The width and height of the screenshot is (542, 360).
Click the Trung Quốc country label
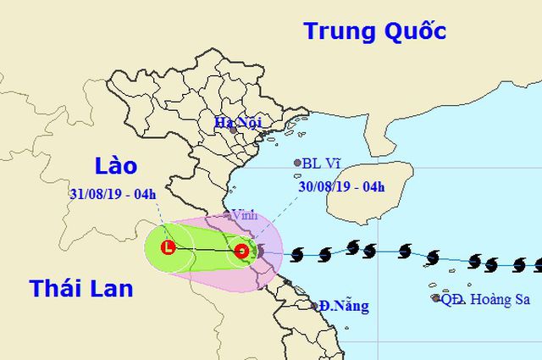374,32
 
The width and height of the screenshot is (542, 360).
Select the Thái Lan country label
80,288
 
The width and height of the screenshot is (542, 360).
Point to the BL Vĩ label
324,163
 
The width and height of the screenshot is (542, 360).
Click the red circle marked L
169,248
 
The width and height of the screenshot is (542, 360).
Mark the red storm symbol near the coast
242,251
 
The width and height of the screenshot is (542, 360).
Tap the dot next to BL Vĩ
296,163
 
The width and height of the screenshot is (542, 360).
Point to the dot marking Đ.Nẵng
314,306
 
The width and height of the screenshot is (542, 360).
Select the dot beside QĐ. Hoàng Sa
435,298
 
